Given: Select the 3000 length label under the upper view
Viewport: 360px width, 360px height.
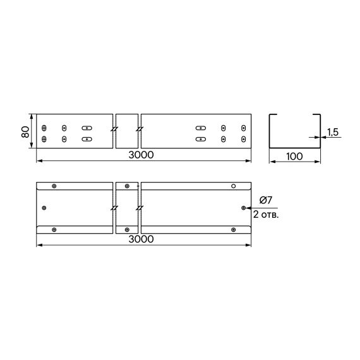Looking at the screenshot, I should pyautogui.click(x=143, y=155).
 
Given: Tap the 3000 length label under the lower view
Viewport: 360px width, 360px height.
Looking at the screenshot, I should pyautogui.click(x=143, y=239).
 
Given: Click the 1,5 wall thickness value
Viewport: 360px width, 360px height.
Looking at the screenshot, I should pyautogui.click(x=333, y=131).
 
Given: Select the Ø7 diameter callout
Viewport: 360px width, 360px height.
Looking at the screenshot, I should pyautogui.click(x=266, y=200).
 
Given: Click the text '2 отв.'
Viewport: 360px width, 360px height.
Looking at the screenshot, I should pyautogui.click(x=265, y=214).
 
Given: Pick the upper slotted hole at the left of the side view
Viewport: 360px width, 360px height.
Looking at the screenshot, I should pyautogui.click(x=87, y=128).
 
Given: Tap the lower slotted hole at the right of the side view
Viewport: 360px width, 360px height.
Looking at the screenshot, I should pyautogui.click(x=201, y=138).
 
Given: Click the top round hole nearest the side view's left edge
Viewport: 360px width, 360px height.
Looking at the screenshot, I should pyautogui.click(x=44, y=128).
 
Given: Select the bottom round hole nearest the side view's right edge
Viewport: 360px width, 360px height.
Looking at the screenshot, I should pyautogui.click(x=243, y=138).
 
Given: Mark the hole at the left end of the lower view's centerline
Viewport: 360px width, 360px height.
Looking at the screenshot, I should pyautogui.click(x=44, y=207).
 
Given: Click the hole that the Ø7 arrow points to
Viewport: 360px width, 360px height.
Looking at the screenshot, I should pyautogui.click(x=244, y=207).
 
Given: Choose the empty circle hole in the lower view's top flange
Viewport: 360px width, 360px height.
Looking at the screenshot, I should pyautogui.click(x=233, y=186).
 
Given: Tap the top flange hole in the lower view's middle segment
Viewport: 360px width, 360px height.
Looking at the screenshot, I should pyautogui.click(x=127, y=186).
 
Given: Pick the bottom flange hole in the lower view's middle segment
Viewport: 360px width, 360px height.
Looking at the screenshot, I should pyautogui.click(x=127, y=229).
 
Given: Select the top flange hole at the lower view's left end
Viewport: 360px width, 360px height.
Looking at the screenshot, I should pyautogui.click(x=54, y=186).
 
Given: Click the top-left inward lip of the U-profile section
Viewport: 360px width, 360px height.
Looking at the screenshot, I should pyautogui.click(x=273, y=115).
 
